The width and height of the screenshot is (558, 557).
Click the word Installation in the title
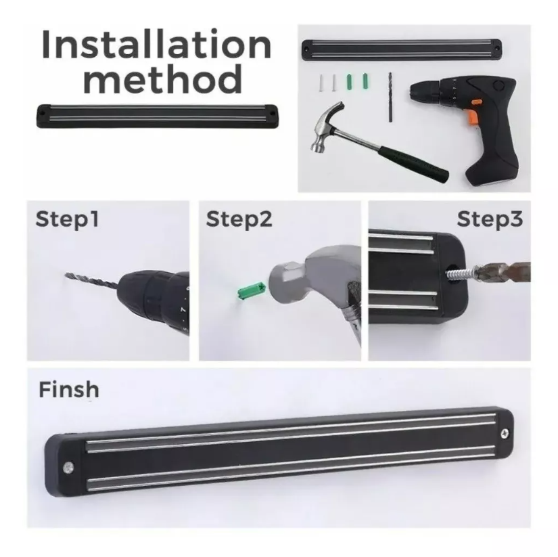157,45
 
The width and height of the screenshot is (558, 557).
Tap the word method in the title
162,79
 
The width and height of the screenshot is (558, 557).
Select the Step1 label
67,219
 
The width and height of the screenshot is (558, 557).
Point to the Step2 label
239,219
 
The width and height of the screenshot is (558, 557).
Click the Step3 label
490,219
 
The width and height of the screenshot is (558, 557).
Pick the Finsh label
69,389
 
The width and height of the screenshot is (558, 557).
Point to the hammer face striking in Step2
281,282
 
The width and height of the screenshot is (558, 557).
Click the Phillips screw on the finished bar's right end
505,433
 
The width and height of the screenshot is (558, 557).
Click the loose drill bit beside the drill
390,97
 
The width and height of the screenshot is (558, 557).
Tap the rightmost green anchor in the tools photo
365,81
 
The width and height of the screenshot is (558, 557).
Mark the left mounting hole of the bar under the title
43,113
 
